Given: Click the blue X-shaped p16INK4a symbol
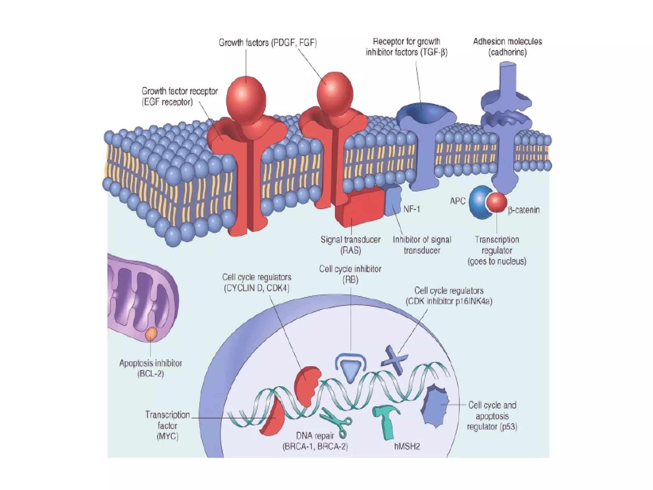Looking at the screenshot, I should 394,360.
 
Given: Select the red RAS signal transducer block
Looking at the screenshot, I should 359,207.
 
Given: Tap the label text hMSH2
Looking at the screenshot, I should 407,446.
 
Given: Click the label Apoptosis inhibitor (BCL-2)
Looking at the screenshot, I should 150,368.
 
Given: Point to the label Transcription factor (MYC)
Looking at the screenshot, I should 167,425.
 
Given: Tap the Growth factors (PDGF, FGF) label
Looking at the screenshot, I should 268,43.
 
